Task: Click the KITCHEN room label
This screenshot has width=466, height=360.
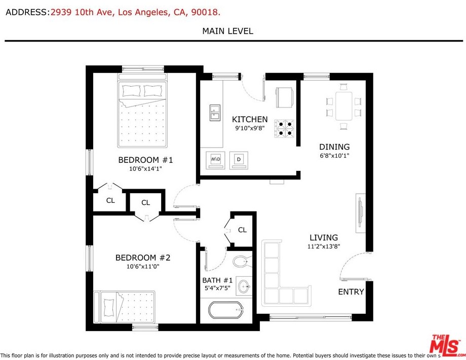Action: tap(250, 119)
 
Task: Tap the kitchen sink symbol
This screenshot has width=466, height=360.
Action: tap(215, 113)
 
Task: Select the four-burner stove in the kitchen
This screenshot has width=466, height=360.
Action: tap(284, 128)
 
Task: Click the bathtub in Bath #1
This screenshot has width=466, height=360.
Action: tap(226, 310)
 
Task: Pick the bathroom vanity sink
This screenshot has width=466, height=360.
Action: tap(244, 286)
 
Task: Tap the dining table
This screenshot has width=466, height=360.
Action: tap(344, 106)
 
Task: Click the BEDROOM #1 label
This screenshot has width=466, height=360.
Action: tap(145, 160)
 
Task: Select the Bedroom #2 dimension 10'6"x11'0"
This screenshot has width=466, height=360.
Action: tap(143, 266)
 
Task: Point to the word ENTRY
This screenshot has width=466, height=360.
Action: tap(351, 292)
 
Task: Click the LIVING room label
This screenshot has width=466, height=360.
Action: tap(324, 238)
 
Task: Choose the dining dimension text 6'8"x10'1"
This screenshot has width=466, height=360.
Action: tap(334, 155)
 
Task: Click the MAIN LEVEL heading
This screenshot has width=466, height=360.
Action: tap(227, 31)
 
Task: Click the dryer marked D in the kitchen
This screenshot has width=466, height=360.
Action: tap(239, 160)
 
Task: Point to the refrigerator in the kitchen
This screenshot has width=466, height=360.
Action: tap(285, 97)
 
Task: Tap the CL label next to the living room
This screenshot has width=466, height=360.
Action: tap(242, 230)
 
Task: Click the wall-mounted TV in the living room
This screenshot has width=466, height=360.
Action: tap(360, 213)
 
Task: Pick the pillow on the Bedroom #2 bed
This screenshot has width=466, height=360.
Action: tap(109, 308)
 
